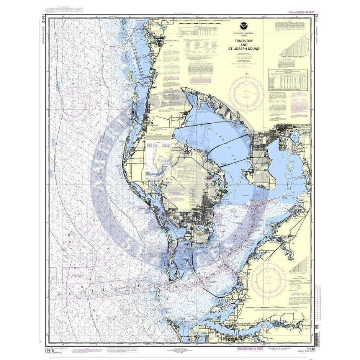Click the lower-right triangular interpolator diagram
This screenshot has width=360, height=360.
300,265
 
